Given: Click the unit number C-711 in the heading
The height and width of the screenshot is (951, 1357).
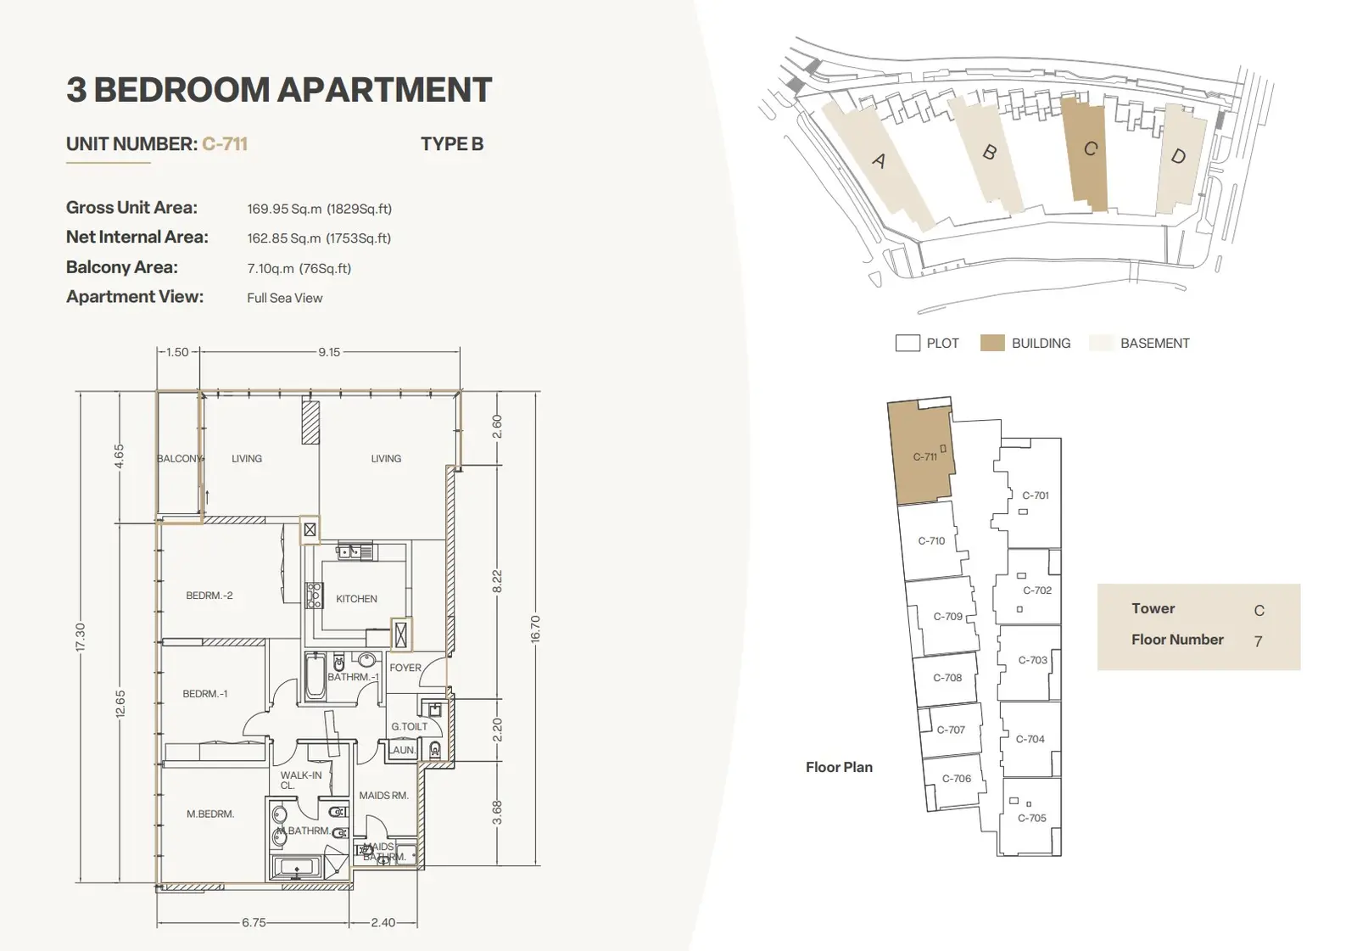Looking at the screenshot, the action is pos(225,144).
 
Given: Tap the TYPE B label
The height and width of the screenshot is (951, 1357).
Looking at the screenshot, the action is pos(452,144).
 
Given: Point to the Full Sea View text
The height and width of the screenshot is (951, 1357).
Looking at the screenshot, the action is pos(285,299).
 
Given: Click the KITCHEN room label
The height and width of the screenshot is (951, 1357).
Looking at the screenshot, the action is pos(356,599).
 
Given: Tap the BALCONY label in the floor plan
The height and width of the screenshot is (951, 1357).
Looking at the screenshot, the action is pos(179,458).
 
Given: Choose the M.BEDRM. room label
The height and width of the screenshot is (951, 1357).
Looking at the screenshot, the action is pos(210,814).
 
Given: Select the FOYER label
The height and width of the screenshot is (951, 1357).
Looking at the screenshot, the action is pos(405,668).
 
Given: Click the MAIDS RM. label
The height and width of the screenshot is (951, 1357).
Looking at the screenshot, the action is pos(383,795).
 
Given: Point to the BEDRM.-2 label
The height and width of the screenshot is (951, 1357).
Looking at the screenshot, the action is pos(209,596).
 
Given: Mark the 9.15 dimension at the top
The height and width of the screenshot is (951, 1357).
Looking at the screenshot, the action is pos(329,352).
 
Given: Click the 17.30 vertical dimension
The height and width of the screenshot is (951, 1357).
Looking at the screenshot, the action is pos(81,637).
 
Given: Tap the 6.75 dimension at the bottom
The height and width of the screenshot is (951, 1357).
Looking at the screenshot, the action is pos(254,922).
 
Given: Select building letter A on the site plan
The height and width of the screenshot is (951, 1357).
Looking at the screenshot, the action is pos(879,160).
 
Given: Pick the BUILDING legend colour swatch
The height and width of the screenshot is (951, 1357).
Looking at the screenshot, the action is pos(992,343).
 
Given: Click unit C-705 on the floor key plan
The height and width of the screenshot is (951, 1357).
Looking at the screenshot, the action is pos(1031,818).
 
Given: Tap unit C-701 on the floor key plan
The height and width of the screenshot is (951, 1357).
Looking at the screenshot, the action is pos(1036,495).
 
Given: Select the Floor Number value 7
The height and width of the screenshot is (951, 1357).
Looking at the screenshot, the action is pos(1259,641).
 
